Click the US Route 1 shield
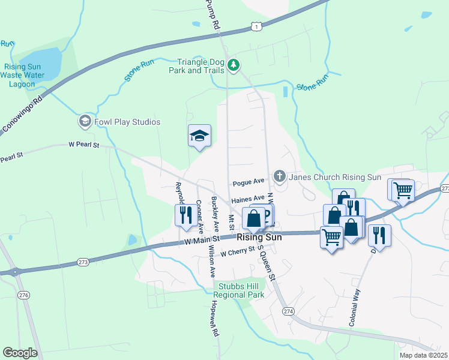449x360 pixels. pos(257,26)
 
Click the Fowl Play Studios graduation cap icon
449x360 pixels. pos(85,122)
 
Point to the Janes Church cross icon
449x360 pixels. pos(279,176)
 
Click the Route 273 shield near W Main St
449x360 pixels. pos(83,262)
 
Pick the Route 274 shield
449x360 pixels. pos(289,311)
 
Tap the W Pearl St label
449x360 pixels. pos(83,145)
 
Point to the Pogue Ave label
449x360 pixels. pos(249,182)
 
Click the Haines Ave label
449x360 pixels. pos(248,198)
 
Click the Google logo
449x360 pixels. pos(20,353)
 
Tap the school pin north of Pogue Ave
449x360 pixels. pos(200,136)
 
